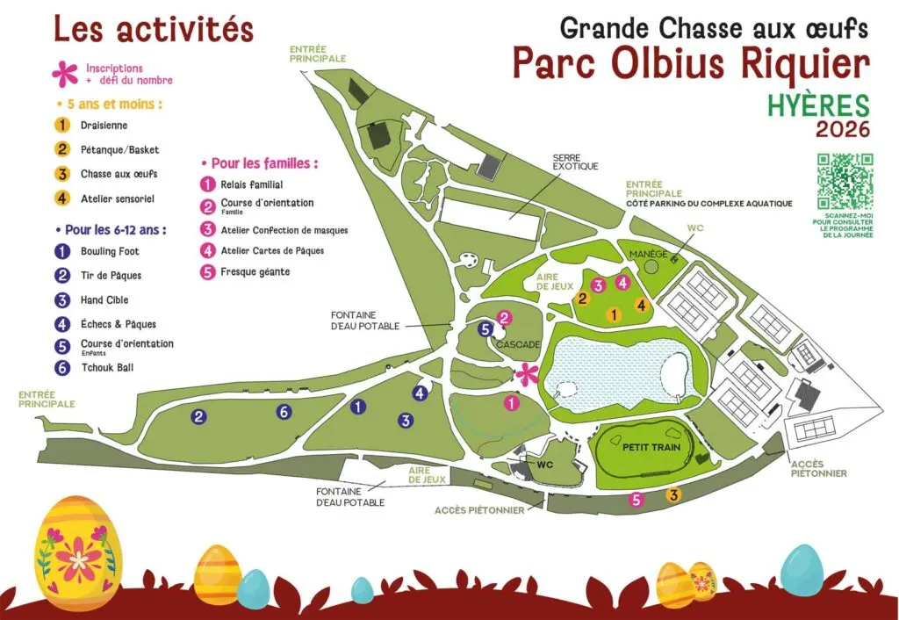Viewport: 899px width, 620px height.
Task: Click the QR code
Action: point(845,181)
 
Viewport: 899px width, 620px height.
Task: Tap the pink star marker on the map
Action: point(526,374)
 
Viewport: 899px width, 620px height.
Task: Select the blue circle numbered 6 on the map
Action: point(283,411)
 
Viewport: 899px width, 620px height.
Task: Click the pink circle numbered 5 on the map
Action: point(637,500)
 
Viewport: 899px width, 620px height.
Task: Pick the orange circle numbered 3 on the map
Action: point(673,494)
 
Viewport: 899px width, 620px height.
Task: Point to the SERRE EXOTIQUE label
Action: point(575,162)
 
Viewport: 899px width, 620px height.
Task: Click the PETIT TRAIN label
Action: point(648,447)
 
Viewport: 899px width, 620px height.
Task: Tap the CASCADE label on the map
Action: point(517,344)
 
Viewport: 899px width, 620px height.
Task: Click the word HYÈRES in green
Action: point(818,105)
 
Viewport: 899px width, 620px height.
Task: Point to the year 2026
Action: point(842,130)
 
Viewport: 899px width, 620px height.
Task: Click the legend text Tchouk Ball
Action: point(107,368)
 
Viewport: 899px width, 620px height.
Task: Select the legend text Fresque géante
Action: point(255,272)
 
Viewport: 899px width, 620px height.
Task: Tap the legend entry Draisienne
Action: point(104,126)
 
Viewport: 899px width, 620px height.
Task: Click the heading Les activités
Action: point(153,29)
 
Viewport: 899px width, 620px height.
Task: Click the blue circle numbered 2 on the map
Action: point(199,416)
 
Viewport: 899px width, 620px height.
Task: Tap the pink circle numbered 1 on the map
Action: point(511,403)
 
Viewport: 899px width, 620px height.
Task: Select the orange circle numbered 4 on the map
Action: point(642,306)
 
